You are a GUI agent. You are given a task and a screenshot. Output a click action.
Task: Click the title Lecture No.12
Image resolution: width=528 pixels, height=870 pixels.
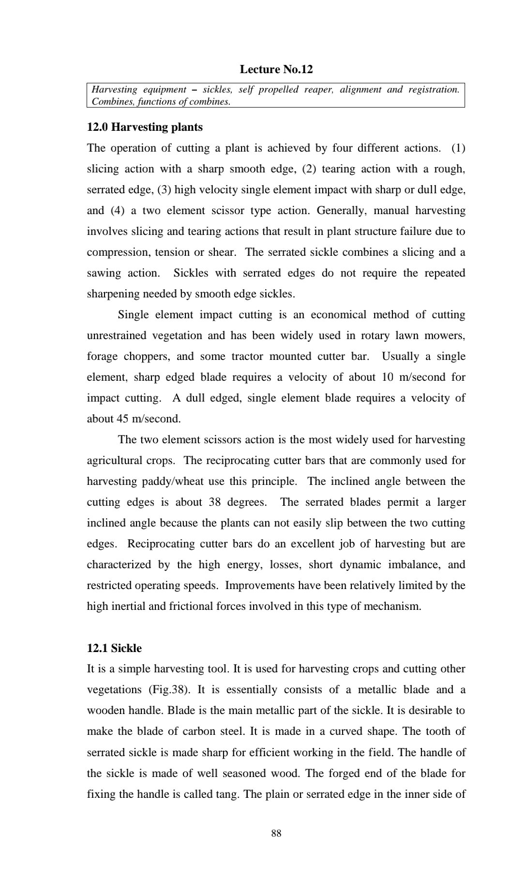[276, 69]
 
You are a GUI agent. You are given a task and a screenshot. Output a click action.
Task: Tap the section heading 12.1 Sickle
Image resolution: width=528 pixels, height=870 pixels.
[114, 648]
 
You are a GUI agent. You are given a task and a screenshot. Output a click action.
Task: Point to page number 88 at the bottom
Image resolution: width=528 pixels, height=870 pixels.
[276, 833]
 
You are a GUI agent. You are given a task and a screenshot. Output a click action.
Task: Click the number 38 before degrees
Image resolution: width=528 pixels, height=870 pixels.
[215, 502]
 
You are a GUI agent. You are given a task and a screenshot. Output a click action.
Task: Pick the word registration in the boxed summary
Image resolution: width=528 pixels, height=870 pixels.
[433, 90]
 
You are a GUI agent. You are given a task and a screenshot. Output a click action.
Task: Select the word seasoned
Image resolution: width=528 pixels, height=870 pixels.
[259, 773]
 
